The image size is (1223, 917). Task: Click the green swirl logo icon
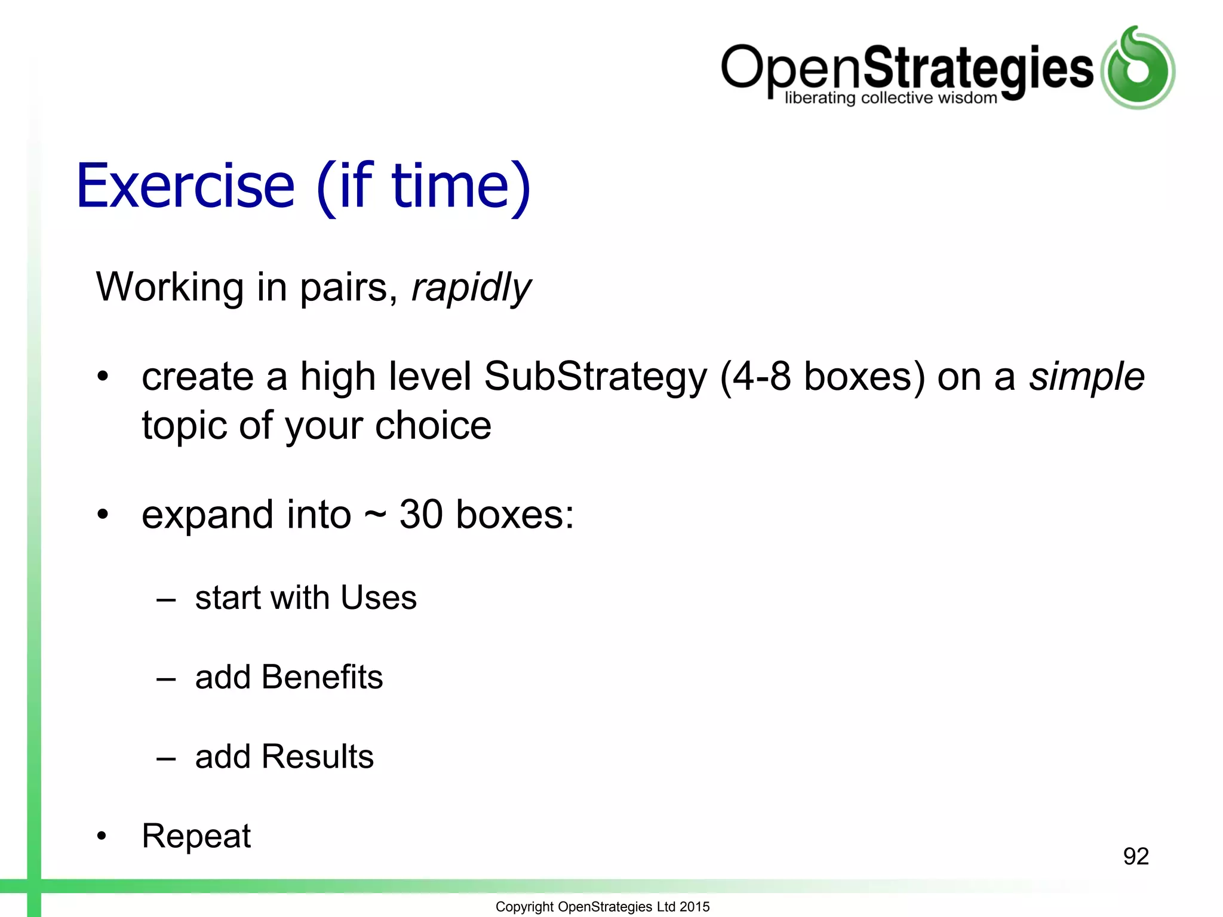[x=1138, y=68]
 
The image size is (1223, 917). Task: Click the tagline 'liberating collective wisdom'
[x=890, y=98]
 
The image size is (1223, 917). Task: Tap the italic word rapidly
[x=471, y=288]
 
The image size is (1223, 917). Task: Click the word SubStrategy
[x=595, y=377]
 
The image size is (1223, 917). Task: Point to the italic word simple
[x=1086, y=377]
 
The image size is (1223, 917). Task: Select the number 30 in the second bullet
[x=421, y=515]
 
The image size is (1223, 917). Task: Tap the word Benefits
[x=322, y=677]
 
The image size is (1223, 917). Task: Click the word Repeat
[x=196, y=836]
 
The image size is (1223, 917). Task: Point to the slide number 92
[x=1136, y=857]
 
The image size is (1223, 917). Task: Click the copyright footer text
[x=603, y=907]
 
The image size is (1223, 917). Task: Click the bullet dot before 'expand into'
[x=103, y=514]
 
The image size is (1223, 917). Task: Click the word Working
[x=170, y=288]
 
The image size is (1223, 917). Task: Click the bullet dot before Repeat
[x=102, y=836]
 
